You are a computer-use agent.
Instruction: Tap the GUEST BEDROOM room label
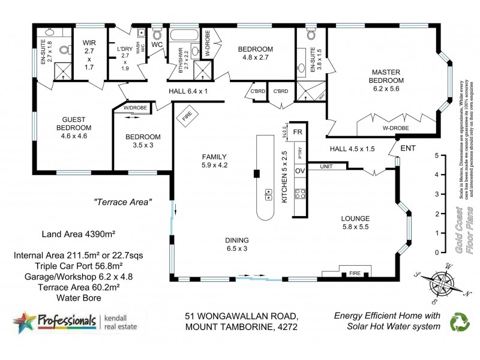(74, 123)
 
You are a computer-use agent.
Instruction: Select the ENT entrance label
(407, 148)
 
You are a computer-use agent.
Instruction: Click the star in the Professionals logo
(24, 322)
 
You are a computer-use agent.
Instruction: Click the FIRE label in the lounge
(355, 274)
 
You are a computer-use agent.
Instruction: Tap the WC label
(158, 44)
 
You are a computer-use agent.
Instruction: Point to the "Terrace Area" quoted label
(123, 202)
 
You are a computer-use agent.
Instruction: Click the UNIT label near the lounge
(326, 166)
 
